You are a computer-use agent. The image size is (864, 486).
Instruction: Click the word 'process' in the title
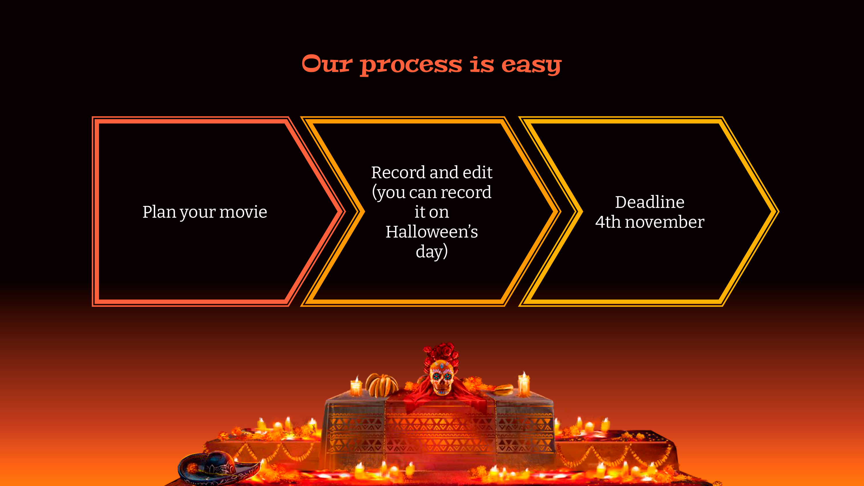tap(411, 65)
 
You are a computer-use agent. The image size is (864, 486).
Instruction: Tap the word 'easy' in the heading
tap(531, 65)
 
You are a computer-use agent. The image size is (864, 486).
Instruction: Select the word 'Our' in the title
tap(327, 64)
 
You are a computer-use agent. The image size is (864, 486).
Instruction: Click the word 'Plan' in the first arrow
tap(159, 212)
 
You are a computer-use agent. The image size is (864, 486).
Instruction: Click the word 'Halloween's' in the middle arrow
tap(432, 231)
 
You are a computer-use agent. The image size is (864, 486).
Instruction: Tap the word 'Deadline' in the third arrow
tap(650, 202)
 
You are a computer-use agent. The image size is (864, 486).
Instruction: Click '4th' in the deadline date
tap(608, 222)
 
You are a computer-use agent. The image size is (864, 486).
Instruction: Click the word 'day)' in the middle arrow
tap(432, 252)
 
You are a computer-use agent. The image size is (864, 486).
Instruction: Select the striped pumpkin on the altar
tap(381, 385)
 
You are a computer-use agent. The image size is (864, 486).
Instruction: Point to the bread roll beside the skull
tap(503, 390)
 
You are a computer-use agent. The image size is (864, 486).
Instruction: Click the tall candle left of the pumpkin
tap(356, 386)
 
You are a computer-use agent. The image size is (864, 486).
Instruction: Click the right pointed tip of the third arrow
tap(779, 212)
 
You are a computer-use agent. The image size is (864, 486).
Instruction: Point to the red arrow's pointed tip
tap(345, 212)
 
